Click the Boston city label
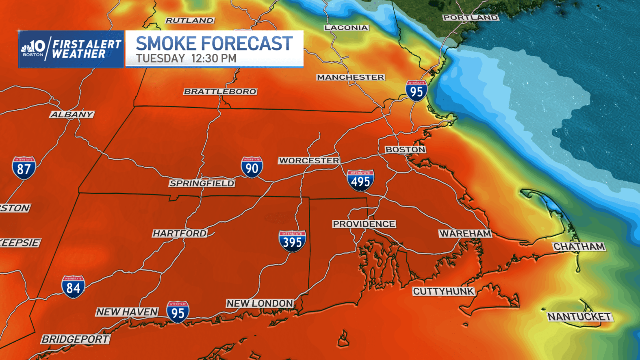(x=405, y=150)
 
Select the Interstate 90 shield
(x=252, y=167)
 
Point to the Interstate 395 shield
(x=292, y=241)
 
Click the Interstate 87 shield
(x=24, y=168)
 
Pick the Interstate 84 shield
(x=73, y=287)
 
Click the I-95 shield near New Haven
(x=178, y=312)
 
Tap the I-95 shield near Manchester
(x=416, y=91)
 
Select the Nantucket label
(x=579, y=317)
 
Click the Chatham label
(x=579, y=247)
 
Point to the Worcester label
(x=309, y=160)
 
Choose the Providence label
(x=364, y=224)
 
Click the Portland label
(x=470, y=17)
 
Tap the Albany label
(x=72, y=115)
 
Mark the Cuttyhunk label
(x=443, y=291)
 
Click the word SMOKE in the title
(x=166, y=44)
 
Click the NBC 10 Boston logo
(x=33, y=48)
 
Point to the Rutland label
(x=189, y=20)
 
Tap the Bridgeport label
(x=76, y=339)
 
